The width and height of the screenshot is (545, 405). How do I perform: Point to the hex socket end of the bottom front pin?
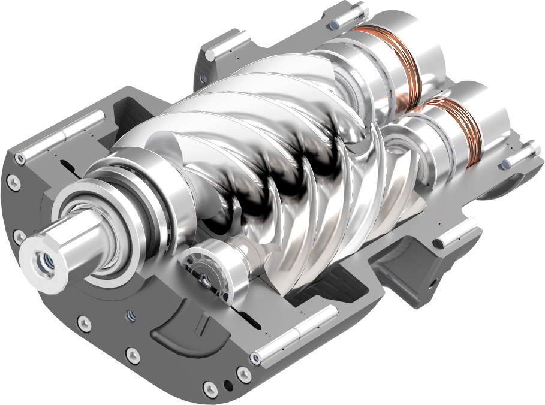[x=257, y=357]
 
